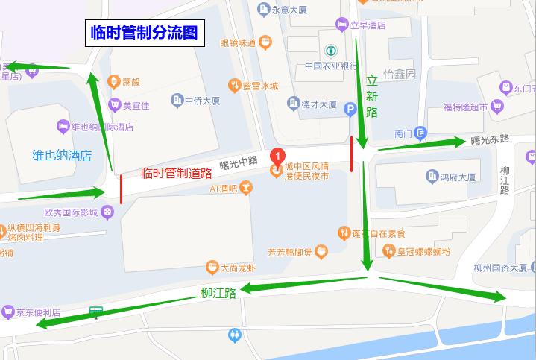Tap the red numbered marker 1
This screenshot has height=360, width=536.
[x=277, y=157]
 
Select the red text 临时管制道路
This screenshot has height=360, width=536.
[x=177, y=174]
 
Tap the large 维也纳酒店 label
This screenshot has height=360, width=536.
[x=62, y=156]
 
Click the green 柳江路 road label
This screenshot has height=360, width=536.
[x=218, y=294]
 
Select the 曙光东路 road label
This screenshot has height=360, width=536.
[x=490, y=139]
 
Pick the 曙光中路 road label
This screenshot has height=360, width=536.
[x=239, y=160]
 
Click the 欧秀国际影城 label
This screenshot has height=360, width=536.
[x=72, y=212]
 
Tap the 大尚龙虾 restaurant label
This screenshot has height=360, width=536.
[x=237, y=268]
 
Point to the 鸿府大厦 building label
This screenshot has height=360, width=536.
[x=457, y=177]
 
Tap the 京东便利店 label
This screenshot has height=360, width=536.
[x=37, y=312]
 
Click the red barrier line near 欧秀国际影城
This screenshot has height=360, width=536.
[x=121, y=189]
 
